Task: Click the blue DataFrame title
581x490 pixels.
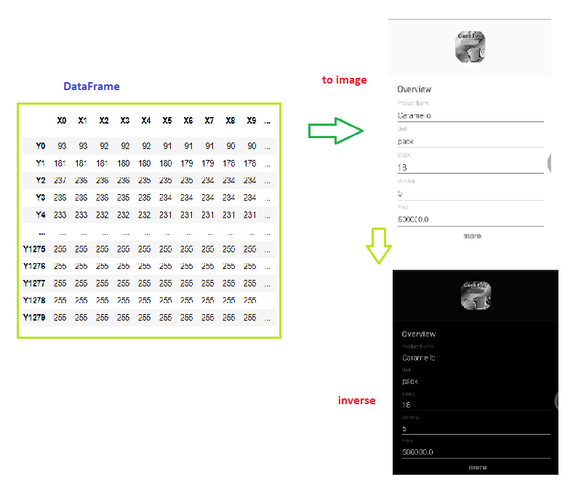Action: point(92,87)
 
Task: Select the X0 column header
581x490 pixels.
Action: point(62,121)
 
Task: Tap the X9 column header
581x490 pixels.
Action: point(251,121)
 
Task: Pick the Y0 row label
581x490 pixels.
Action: point(41,146)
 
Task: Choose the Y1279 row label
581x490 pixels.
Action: point(34,318)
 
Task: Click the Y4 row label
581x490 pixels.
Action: point(41,214)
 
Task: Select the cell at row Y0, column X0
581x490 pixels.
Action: point(62,146)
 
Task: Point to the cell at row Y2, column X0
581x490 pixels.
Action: point(60,180)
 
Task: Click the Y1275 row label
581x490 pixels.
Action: point(34,249)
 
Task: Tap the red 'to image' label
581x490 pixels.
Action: point(345,80)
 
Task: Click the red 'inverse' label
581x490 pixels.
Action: point(357,401)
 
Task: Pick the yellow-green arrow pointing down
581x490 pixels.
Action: point(378,246)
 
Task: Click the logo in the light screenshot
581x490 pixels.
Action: point(470,47)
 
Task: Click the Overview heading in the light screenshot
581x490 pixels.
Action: point(414,89)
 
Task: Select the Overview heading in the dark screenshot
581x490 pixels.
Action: point(419,334)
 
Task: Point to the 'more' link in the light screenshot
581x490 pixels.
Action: point(472,236)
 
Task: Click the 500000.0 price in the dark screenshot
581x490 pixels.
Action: point(418,452)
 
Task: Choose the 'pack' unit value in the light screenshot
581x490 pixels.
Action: point(406,141)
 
